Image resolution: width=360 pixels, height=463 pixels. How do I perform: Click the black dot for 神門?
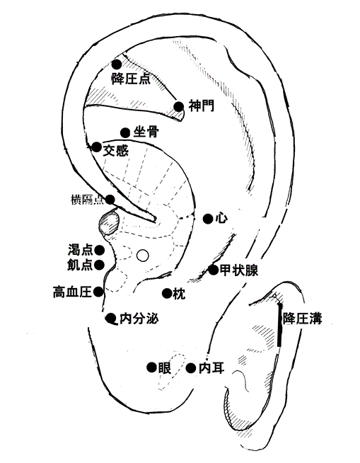tap(179, 107)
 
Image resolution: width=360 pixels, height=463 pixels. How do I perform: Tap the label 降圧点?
tap(131, 79)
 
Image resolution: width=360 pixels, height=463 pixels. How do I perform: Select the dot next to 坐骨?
tap(125, 132)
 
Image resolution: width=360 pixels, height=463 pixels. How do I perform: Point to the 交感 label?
tap(116, 151)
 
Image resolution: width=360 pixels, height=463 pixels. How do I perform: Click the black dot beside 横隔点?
tap(110, 200)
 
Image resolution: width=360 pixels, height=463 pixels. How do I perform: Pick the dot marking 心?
tap(208, 219)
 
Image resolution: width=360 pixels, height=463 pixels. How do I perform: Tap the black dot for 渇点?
tap(100, 251)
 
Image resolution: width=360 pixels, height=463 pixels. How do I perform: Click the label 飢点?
tap(80, 265)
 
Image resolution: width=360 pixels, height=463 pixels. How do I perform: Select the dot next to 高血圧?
tap(98, 292)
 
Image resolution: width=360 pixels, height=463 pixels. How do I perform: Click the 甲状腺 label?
tap(239, 270)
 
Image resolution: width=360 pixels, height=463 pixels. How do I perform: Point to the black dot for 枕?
tap(167, 293)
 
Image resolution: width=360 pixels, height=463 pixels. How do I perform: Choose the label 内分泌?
tap(139, 319)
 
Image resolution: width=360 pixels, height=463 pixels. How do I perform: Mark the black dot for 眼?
tap(151, 367)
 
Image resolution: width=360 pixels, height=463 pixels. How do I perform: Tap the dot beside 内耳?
tap(191, 368)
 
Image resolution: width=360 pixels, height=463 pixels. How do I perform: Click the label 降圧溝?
tap(302, 319)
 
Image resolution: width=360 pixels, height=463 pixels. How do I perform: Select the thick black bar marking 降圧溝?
tap(279, 325)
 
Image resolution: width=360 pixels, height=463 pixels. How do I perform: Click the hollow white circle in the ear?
tap(143, 256)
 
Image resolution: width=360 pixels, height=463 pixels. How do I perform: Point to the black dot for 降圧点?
tap(117, 64)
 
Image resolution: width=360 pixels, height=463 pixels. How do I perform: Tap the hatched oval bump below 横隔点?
tap(109, 222)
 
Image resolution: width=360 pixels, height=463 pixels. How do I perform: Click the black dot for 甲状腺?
tap(214, 270)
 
